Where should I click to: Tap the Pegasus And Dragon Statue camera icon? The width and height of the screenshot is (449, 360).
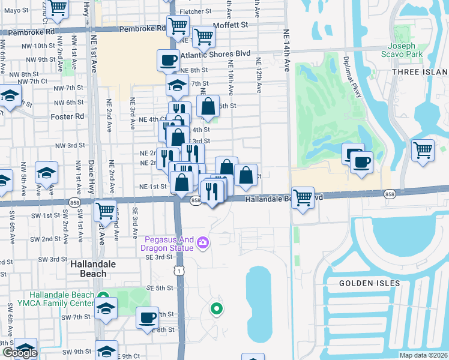click(x=203, y=241)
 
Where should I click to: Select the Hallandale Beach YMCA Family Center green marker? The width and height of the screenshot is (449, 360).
click(x=103, y=297)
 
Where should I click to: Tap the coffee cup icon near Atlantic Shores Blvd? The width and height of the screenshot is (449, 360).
click(x=168, y=60)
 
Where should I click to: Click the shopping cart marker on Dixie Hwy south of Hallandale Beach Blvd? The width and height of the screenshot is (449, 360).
click(x=106, y=211)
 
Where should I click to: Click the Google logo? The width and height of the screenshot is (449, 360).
click(x=19, y=352)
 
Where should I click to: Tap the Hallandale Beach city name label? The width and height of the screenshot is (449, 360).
click(x=88, y=269)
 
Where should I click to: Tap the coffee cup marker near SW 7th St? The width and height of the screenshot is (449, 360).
click(x=148, y=318)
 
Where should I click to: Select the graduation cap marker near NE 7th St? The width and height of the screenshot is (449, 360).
click(x=176, y=85)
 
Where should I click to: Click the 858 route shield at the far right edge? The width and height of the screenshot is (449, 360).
click(x=390, y=194)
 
